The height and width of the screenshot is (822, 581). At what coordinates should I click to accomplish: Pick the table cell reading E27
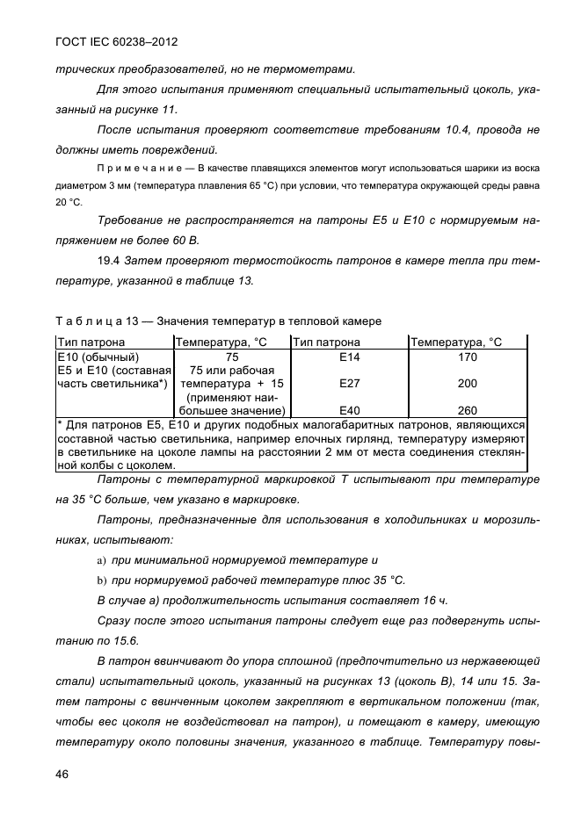click(x=350, y=384)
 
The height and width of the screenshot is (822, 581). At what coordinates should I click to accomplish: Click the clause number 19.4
click(x=109, y=261)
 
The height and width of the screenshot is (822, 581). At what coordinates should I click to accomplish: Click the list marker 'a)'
click(x=101, y=559)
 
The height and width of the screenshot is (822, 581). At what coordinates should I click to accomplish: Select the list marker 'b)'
click(x=101, y=580)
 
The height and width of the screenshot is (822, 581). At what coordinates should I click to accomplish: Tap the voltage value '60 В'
click(x=184, y=239)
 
